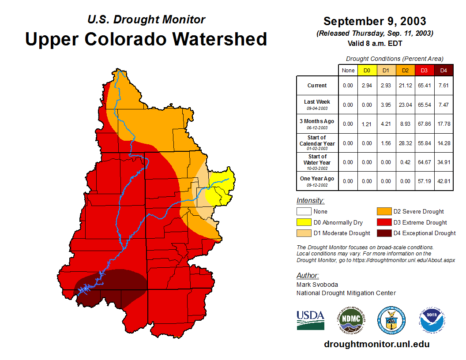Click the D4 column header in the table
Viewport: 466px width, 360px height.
[x=443, y=70]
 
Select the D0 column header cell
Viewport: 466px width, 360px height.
[x=367, y=70]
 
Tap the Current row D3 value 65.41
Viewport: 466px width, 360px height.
[x=425, y=86]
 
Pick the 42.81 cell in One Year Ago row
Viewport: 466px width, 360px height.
[x=443, y=181]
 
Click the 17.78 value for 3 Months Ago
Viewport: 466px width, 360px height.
[x=443, y=124]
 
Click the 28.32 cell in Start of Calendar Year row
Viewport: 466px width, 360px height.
[x=405, y=143]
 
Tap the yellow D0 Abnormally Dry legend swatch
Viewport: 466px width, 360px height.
[x=304, y=222]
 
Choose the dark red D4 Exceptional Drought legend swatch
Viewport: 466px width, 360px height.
[x=384, y=233]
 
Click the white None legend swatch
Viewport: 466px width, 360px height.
[x=304, y=212]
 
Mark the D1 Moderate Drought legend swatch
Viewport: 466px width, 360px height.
[x=304, y=233]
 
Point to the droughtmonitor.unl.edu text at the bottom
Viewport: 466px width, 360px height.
[x=376, y=344]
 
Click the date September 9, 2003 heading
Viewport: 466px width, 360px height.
[x=375, y=21]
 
